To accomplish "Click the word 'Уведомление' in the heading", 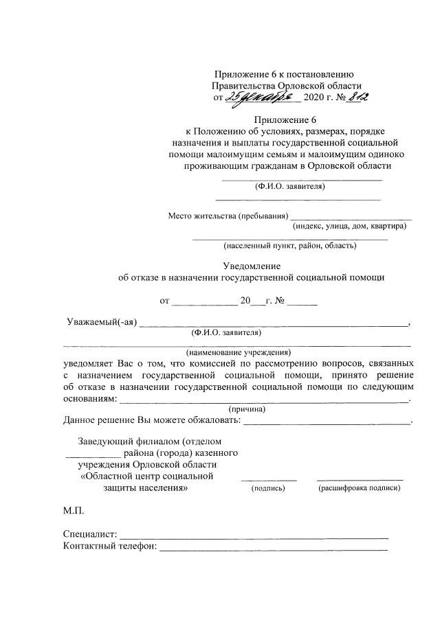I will point(252,266).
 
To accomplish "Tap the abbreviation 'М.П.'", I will point(75,512).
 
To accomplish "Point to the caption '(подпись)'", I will point(269,488).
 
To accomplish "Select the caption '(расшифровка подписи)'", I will point(359,488).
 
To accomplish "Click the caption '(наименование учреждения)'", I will point(238,352).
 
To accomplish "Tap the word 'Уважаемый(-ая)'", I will point(102,323).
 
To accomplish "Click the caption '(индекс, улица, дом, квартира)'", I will point(349,227).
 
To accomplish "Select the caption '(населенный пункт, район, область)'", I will point(289,245).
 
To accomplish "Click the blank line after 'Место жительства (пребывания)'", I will point(351,217).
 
